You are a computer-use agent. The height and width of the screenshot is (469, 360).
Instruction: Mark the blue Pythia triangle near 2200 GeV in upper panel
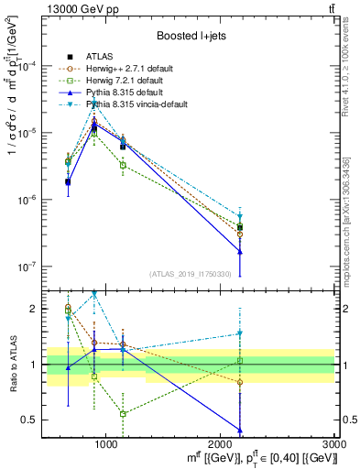(240, 252)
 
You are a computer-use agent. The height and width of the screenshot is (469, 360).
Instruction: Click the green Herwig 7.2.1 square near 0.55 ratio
(123, 414)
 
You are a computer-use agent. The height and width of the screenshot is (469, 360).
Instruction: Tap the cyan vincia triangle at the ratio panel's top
(94, 294)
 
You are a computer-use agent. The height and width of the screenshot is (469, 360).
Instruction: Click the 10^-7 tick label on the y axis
(29, 267)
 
